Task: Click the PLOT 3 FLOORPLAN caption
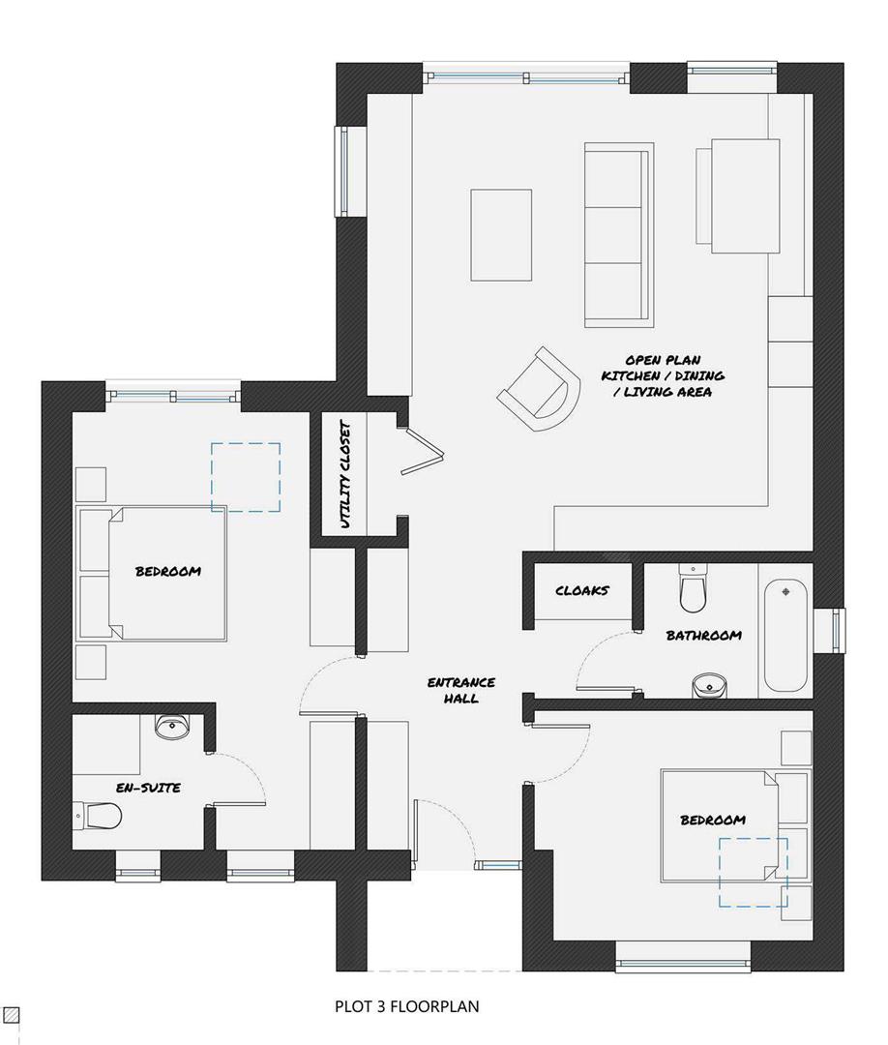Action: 406,1006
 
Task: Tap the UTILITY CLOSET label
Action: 345,474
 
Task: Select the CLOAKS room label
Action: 581,590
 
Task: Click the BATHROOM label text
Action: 703,636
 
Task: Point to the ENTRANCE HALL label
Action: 460,690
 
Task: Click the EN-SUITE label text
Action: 148,788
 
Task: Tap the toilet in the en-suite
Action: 99,817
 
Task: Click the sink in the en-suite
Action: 173,728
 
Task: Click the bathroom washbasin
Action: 709,686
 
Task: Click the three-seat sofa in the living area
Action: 617,233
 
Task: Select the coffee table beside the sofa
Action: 501,235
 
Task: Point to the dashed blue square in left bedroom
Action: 246,476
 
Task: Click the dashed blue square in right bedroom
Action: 753,872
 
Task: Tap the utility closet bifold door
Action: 422,451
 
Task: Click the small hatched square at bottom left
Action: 11,1015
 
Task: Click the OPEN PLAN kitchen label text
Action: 663,374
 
